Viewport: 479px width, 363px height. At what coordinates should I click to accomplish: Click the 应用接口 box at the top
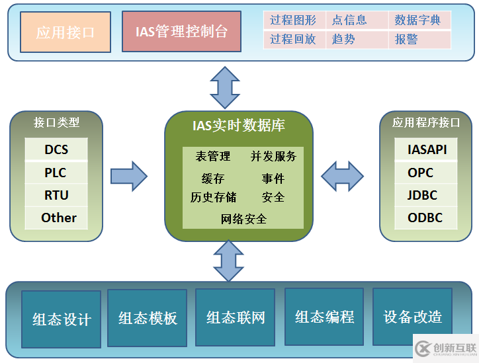point(65,32)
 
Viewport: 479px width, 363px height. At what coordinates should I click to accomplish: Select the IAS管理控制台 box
point(181,32)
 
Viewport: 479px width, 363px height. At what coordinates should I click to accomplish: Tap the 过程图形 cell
point(293,20)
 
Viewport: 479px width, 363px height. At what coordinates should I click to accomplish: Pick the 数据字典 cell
point(418,20)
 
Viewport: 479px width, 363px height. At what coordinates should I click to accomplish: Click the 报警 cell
point(418,40)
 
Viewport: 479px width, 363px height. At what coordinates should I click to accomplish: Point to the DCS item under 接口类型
point(56,149)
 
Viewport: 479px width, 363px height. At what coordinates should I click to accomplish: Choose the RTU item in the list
point(56,195)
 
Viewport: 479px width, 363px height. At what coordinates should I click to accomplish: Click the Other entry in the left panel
point(56,218)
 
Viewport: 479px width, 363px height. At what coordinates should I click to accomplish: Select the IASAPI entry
point(427,149)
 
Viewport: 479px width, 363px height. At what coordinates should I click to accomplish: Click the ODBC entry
point(425,218)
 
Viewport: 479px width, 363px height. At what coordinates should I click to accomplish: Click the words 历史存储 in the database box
point(213,198)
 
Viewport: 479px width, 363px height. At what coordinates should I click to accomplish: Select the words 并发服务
point(273,157)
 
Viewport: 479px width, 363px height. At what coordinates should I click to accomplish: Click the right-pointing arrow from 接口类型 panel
point(128,175)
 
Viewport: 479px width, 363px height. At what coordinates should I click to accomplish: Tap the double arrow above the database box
point(226,87)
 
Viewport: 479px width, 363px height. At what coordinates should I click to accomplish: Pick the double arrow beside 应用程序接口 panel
point(342,175)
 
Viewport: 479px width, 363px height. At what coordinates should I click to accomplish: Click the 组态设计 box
point(62,319)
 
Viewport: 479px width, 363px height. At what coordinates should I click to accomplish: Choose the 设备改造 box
point(412,317)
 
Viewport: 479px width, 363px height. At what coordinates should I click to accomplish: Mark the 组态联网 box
point(236,317)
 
